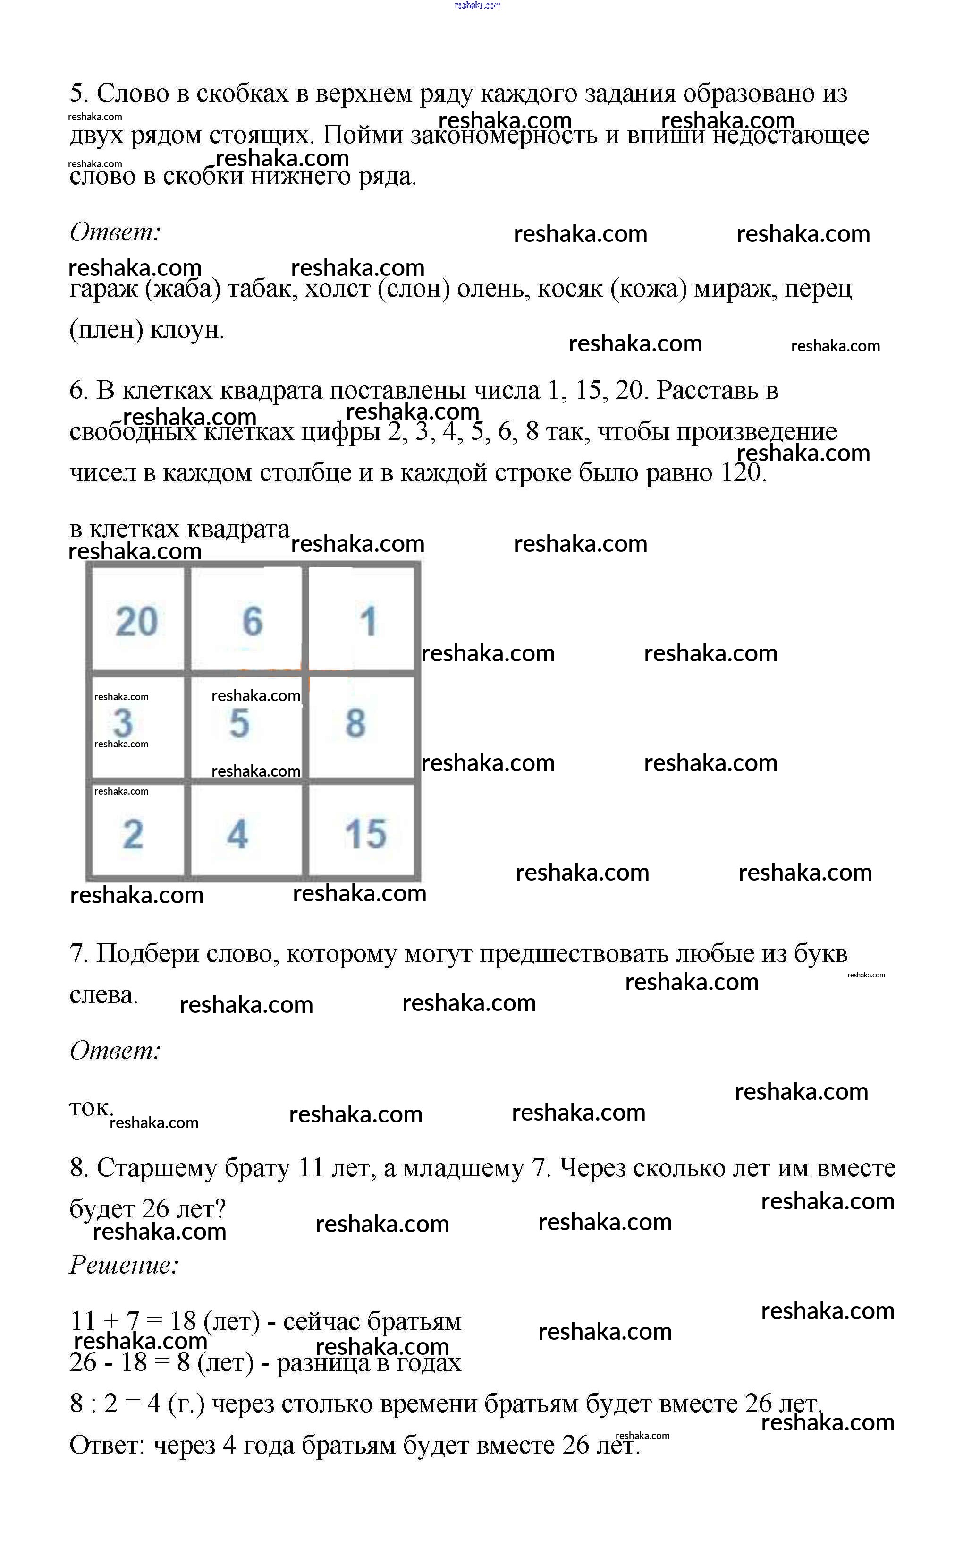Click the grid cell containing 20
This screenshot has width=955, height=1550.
coord(136,620)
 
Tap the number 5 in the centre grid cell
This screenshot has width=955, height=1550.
coord(239,723)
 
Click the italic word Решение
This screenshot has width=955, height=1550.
coord(124,1264)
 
